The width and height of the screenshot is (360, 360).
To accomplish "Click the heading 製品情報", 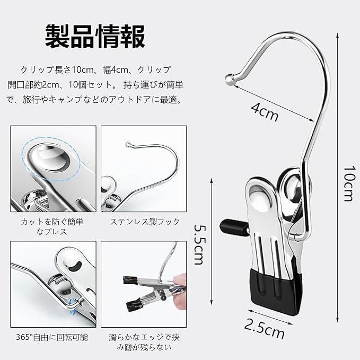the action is [x=95, y=37].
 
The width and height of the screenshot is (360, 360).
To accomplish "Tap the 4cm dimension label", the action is [x=265, y=111].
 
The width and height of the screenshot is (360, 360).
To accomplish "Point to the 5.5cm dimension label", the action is [x=199, y=244].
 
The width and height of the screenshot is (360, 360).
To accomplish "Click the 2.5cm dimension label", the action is [x=264, y=329].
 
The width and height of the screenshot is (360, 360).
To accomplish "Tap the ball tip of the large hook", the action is [x=230, y=79].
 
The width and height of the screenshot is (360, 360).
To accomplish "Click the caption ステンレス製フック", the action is [x=145, y=222].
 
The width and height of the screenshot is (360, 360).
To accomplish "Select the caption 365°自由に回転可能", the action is [x=52, y=337].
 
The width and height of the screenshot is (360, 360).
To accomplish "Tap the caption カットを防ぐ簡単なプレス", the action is [x=52, y=226].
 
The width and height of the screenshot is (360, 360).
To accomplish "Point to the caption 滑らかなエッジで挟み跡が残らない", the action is [x=144, y=342].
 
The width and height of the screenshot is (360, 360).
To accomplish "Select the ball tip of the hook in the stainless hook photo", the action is [x=127, y=144].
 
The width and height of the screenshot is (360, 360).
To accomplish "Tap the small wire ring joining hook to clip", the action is [x=295, y=235].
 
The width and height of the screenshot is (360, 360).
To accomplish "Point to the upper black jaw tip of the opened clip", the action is [x=130, y=280].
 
